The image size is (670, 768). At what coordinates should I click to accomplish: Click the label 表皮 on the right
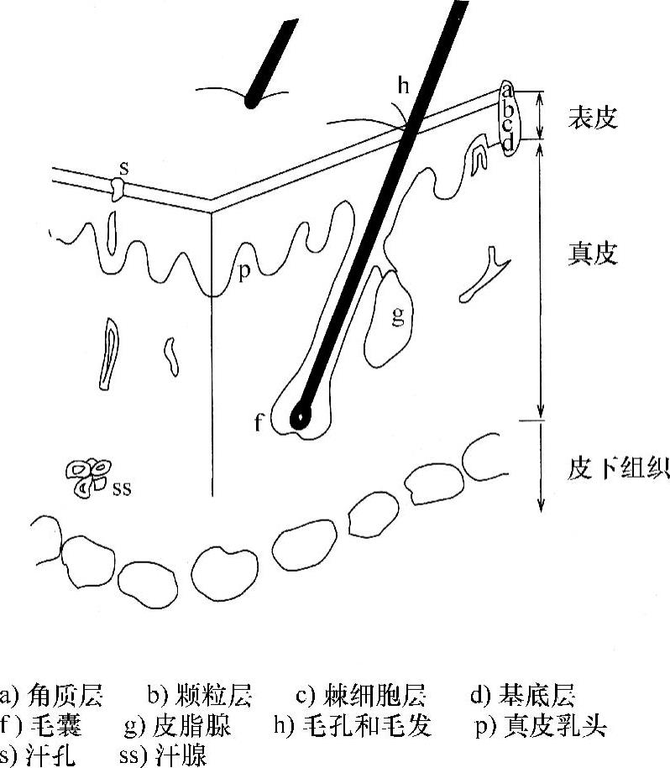point(593,117)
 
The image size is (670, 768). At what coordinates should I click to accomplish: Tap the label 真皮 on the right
point(593,253)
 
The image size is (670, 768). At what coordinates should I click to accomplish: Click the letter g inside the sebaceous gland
point(398,316)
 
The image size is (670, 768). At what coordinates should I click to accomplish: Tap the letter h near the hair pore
point(404,84)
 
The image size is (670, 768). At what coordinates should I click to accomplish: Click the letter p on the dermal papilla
point(244,273)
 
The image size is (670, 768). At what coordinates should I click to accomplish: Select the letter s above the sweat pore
point(123,168)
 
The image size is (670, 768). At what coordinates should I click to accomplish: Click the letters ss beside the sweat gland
point(122,486)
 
